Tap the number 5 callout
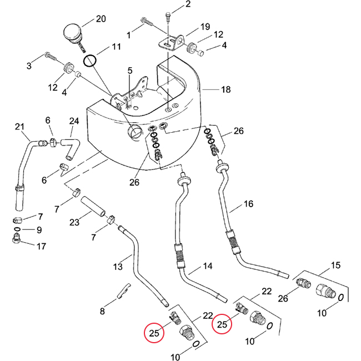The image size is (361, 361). click(x=129, y=71)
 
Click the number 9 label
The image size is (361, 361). click(x=39, y=230)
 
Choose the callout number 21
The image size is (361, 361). click(x=21, y=127)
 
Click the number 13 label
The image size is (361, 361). click(x=117, y=267)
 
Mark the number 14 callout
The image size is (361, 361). click(x=207, y=267)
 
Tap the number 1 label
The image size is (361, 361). click(x=129, y=36)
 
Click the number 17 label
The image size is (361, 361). click(x=41, y=245)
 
